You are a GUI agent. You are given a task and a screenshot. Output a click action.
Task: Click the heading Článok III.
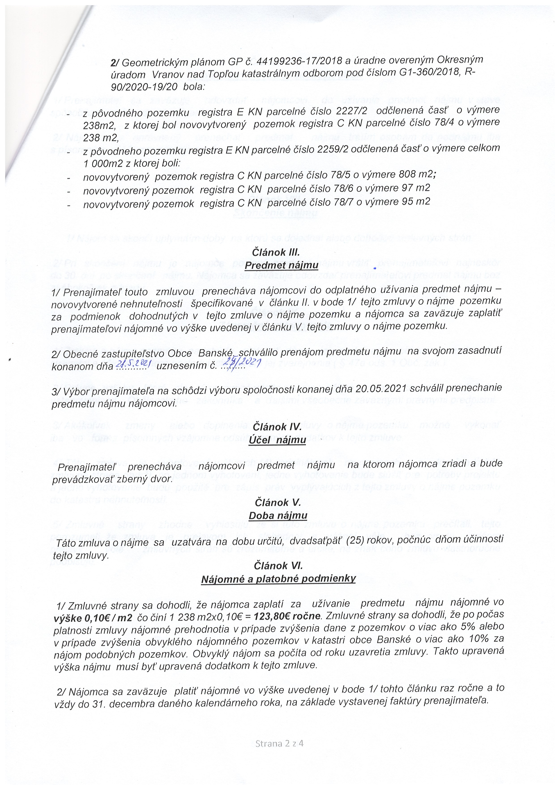point(276,252)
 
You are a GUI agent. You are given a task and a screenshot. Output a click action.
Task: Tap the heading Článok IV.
point(277,427)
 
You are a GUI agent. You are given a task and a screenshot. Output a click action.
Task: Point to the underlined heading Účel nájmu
point(277,440)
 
